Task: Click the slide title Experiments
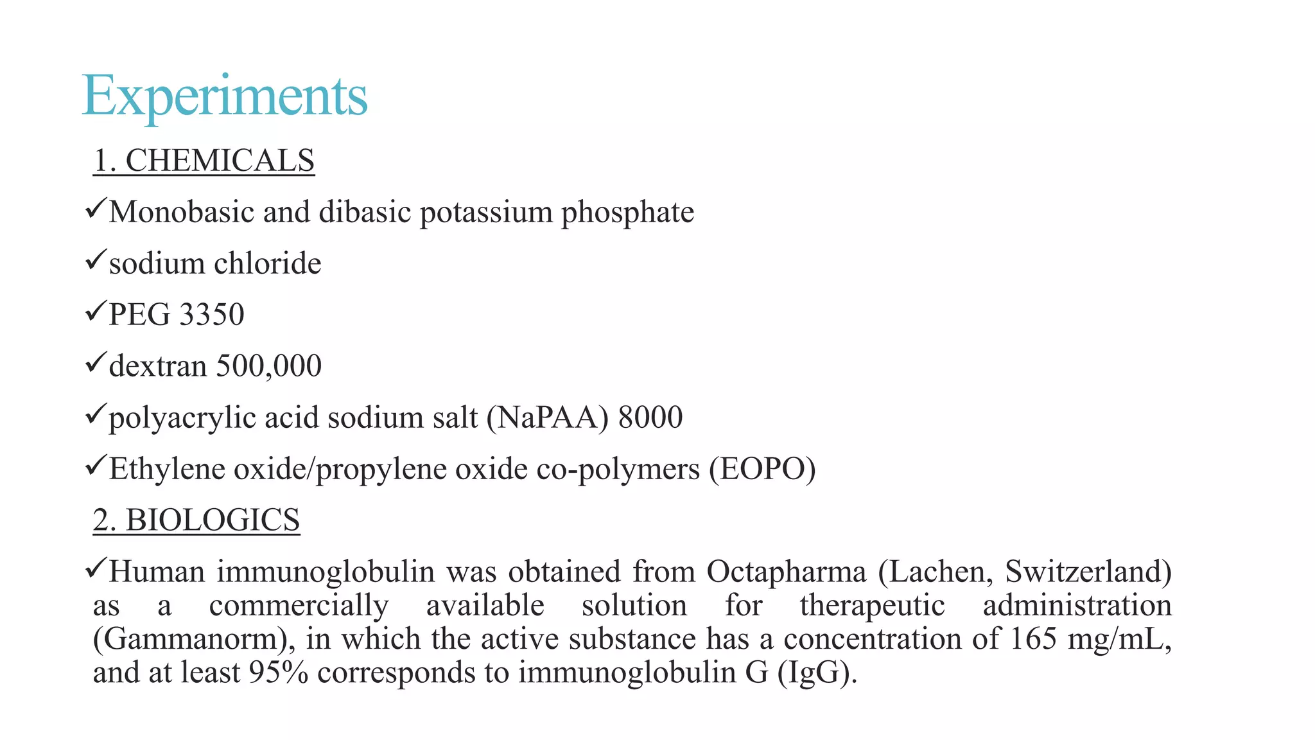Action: tap(225, 96)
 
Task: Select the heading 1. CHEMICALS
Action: tap(204, 161)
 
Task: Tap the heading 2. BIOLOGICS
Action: tap(196, 520)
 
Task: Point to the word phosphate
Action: tap(627, 213)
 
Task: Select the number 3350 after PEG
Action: tap(212, 315)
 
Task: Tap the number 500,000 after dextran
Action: tap(269, 366)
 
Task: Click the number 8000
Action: tap(650, 418)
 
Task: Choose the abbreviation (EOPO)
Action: tap(762, 469)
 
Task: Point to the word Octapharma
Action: tap(786, 572)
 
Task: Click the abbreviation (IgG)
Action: tap(817, 673)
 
